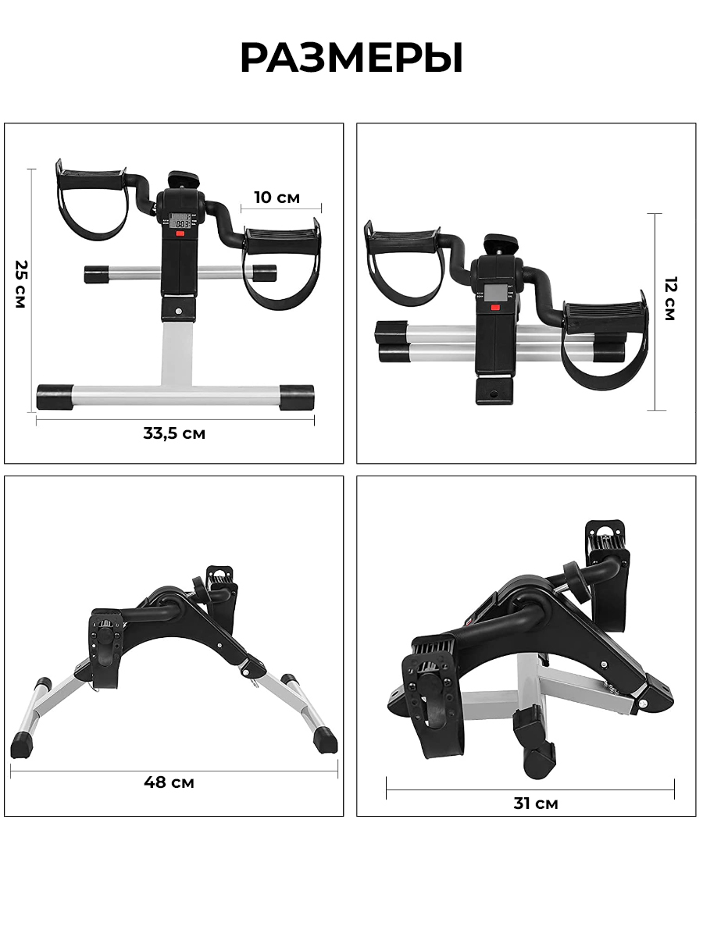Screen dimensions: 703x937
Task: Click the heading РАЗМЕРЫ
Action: tap(351, 58)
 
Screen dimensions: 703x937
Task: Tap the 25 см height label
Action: tap(20, 284)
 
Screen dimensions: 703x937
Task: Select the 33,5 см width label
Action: tap(174, 433)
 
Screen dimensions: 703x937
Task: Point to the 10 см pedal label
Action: tap(277, 198)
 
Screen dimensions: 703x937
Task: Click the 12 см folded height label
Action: tap(670, 298)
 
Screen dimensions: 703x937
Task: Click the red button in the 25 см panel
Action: tap(180, 233)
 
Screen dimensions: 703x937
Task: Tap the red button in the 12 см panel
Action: tap(495, 308)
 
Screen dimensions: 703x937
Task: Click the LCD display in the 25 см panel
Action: tap(180, 221)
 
